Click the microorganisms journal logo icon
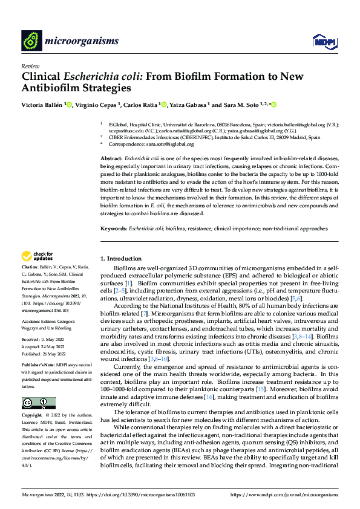click(x=32, y=41)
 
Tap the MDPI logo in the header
click(x=323, y=41)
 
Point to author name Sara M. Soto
click(x=241, y=106)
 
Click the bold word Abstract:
click(x=113, y=158)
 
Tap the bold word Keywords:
click(x=114, y=229)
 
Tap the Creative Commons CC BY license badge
click(x=38, y=404)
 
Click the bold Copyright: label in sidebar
click(x=32, y=417)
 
